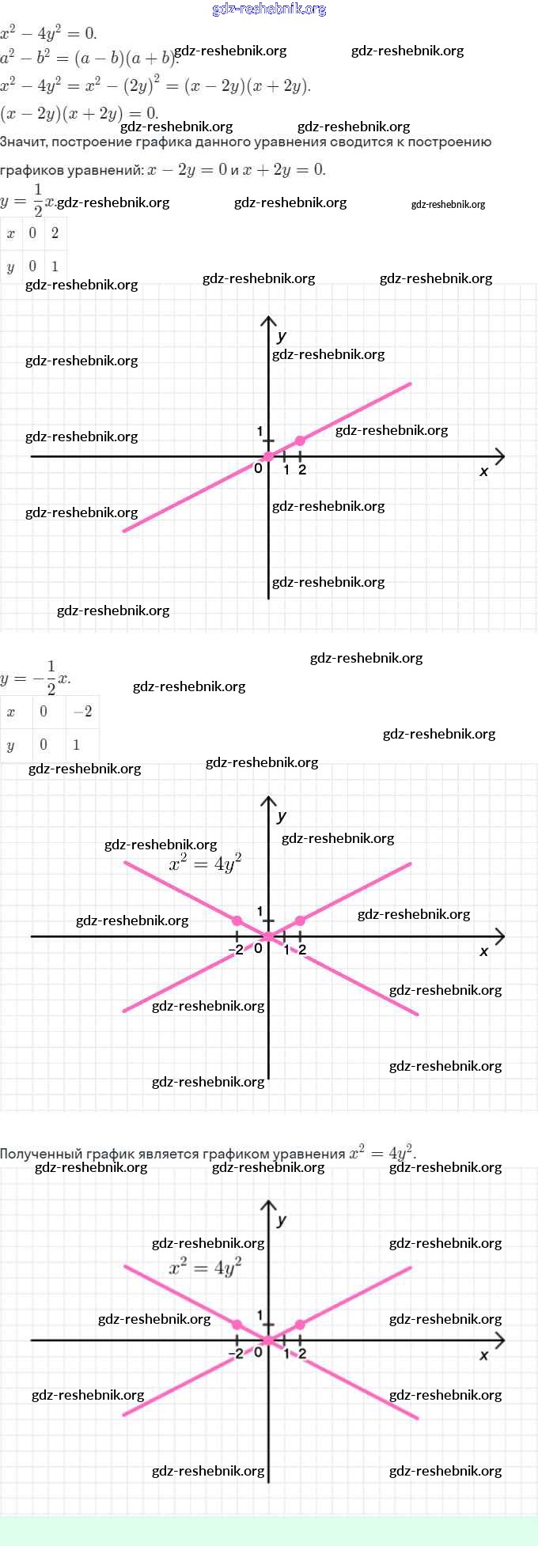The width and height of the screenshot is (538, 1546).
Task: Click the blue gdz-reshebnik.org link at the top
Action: (269, 9)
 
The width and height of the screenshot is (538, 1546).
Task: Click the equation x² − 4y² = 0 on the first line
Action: (48, 33)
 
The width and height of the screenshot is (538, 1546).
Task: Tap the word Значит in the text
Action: (23, 142)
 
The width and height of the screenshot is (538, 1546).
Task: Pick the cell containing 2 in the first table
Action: (55, 233)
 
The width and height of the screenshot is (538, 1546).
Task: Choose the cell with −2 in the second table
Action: (82, 712)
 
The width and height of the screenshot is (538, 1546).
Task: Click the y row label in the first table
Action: (10, 266)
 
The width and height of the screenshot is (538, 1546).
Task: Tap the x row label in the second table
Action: (10, 712)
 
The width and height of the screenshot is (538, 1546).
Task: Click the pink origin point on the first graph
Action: (268, 456)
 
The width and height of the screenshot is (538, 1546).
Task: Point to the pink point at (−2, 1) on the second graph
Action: (237, 920)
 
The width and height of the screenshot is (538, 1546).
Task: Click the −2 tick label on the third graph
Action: (236, 1353)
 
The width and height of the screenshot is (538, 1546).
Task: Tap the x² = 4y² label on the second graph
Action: (205, 863)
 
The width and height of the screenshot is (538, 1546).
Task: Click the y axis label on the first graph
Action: (282, 336)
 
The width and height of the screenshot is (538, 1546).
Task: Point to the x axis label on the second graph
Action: (484, 951)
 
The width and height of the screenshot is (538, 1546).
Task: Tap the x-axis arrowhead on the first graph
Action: (499, 456)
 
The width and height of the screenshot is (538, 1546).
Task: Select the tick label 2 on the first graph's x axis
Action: (302, 470)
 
